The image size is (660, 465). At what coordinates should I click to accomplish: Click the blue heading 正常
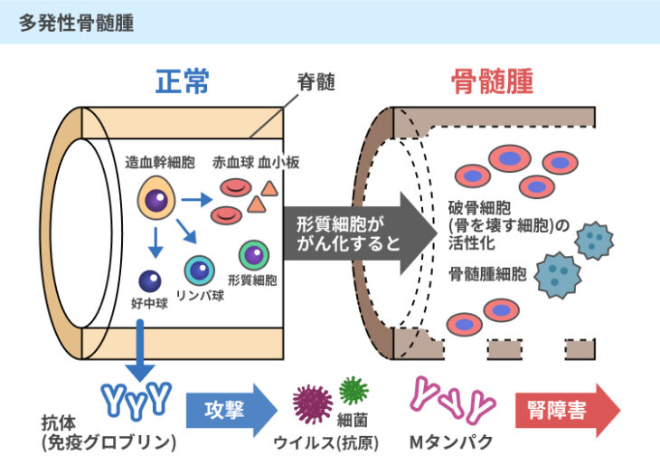(183, 82)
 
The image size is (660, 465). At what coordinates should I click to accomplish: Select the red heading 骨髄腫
(492, 82)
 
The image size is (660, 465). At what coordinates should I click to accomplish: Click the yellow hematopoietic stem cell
(156, 199)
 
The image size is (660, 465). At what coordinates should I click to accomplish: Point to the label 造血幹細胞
(160, 165)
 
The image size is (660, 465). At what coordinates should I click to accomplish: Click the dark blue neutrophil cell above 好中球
(149, 281)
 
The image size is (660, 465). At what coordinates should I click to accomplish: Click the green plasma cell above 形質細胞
(253, 256)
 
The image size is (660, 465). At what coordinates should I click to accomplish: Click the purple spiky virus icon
(313, 403)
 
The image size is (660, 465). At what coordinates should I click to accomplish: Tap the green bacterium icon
(354, 390)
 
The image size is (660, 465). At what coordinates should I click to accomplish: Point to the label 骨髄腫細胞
(488, 273)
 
